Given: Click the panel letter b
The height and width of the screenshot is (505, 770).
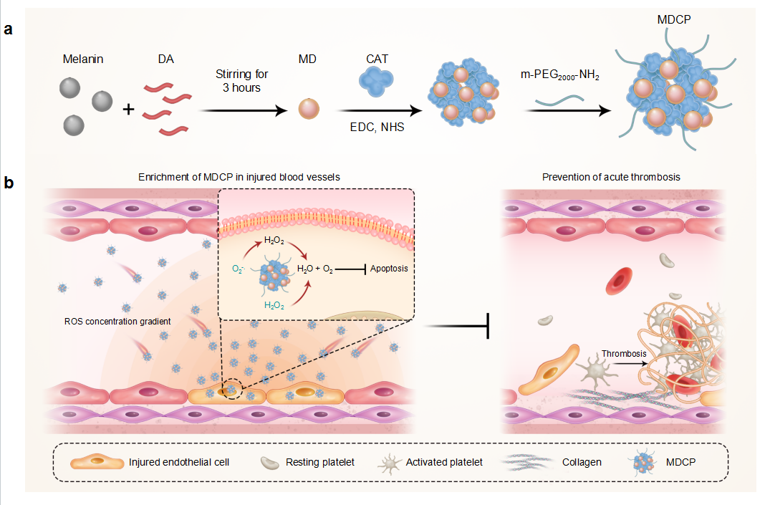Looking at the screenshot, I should click(x=9, y=183).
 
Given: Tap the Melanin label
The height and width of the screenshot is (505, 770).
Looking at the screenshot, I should click(x=83, y=59).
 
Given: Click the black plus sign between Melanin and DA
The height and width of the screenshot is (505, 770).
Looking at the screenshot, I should click(x=128, y=110).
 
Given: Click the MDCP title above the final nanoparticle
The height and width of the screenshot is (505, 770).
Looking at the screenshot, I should click(x=674, y=18).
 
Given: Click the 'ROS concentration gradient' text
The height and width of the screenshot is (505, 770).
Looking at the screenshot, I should click(x=117, y=322).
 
